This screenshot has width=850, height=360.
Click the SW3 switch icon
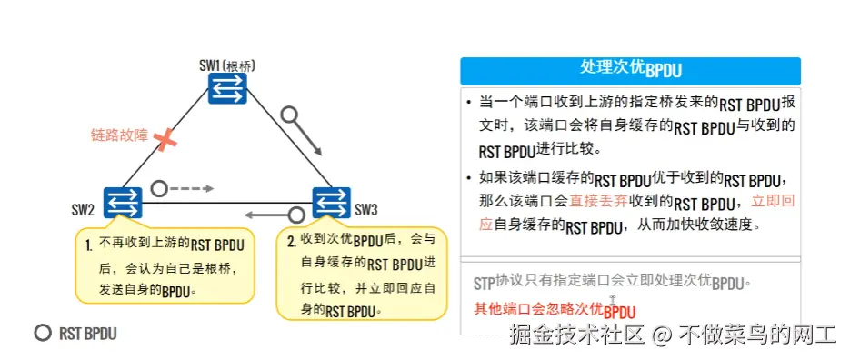329,202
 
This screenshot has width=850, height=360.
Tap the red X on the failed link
165,139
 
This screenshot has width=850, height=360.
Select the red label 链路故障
119,135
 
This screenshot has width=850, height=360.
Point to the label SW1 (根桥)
226,65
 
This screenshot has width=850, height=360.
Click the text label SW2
84,211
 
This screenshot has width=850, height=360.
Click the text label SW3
365,211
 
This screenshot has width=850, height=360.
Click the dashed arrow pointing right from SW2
194,188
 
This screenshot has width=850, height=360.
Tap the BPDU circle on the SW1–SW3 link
289,115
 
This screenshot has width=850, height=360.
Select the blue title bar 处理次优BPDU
630,71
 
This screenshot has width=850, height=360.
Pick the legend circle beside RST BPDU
42,333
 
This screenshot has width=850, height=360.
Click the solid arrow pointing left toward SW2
264,215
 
